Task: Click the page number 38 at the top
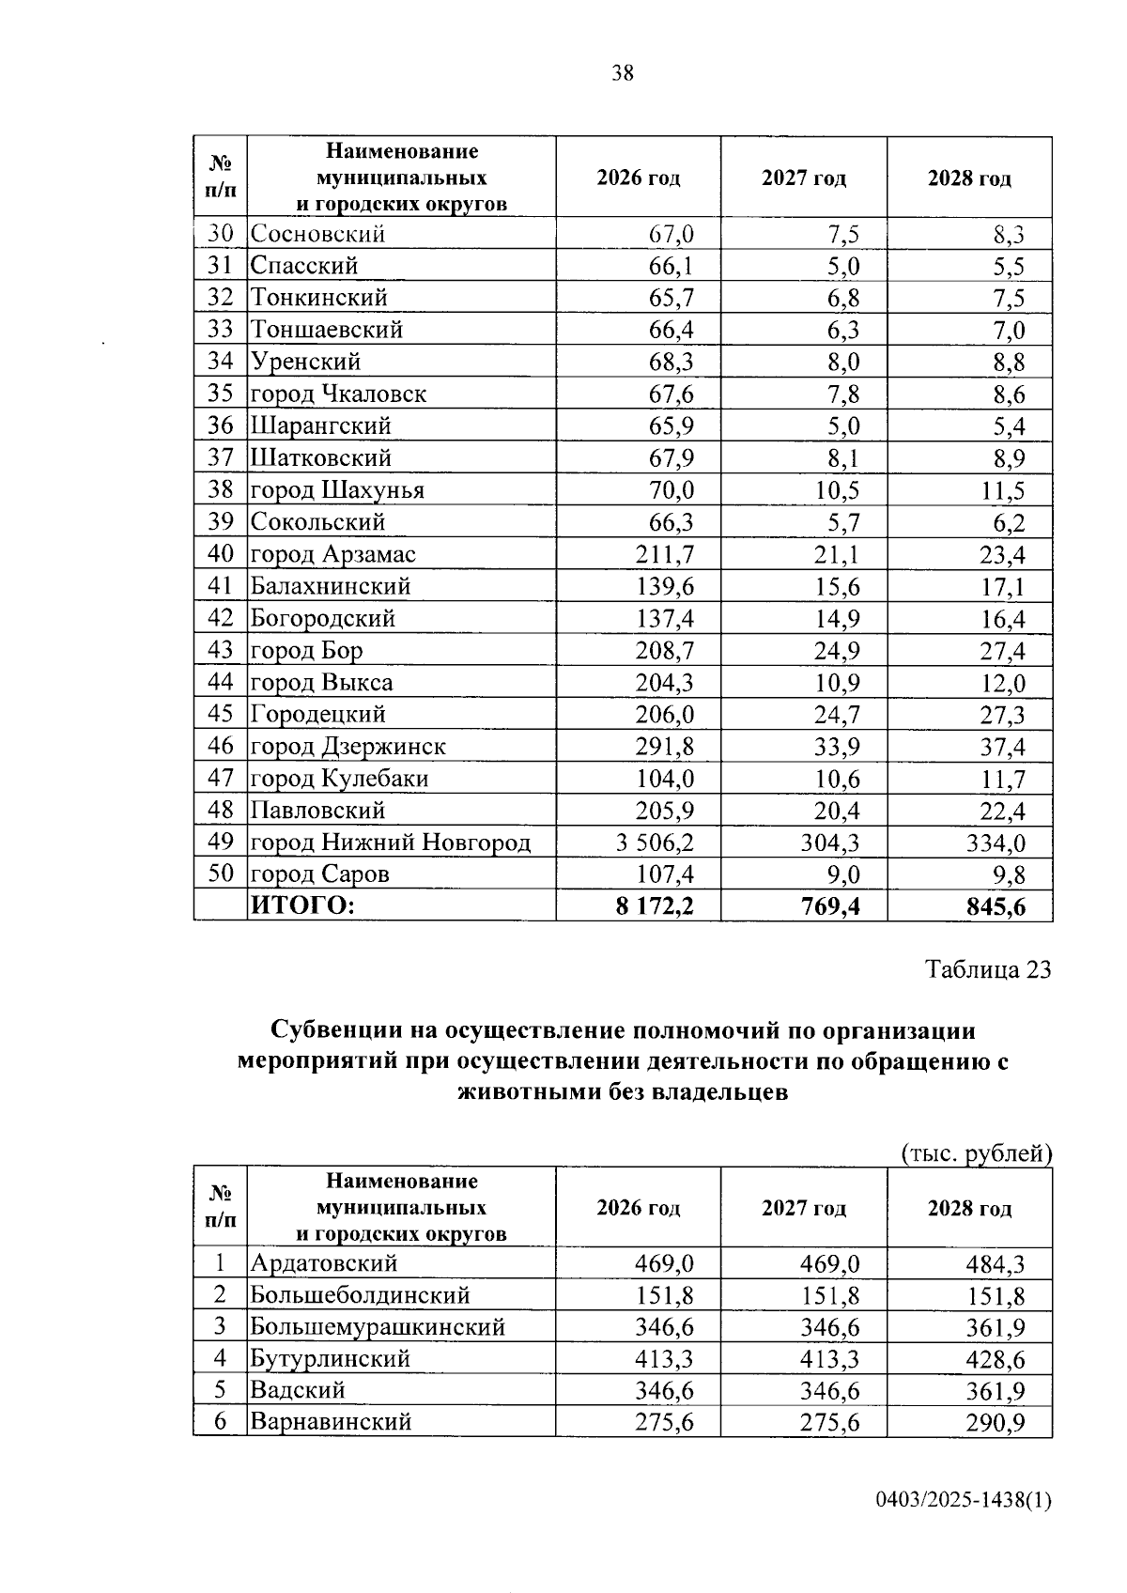click(622, 73)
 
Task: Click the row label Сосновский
click(317, 234)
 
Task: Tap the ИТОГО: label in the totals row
click(301, 906)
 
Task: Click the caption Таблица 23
click(988, 969)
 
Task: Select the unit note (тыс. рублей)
click(976, 1152)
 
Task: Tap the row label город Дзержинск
click(347, 747)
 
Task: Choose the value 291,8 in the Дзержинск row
click(665, 747)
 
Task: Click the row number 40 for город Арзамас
click(220, 554)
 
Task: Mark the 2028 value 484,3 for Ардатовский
click(996, 1263)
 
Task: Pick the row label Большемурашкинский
click(378, 1327)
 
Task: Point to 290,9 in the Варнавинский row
click(996, 1423)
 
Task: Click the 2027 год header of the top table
click(803, 178)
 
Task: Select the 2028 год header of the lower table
click(969, 1208)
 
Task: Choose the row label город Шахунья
click(337, 490)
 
